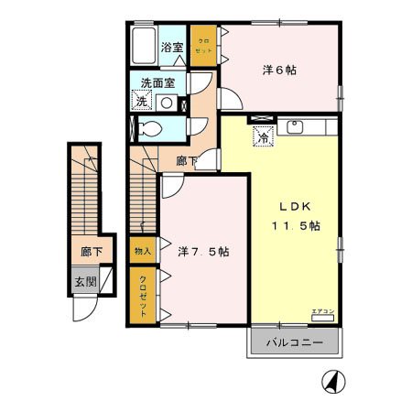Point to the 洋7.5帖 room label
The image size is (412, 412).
[204, 250]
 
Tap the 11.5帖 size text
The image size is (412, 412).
[294, 225]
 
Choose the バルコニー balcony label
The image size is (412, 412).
[293, 343]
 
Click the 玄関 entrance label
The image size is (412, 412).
[84, 282]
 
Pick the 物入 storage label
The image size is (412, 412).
[143, 250]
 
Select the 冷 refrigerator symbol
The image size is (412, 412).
[262, 138]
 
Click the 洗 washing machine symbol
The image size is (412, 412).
[141, 102]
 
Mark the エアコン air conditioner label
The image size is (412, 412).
[322, 311]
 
